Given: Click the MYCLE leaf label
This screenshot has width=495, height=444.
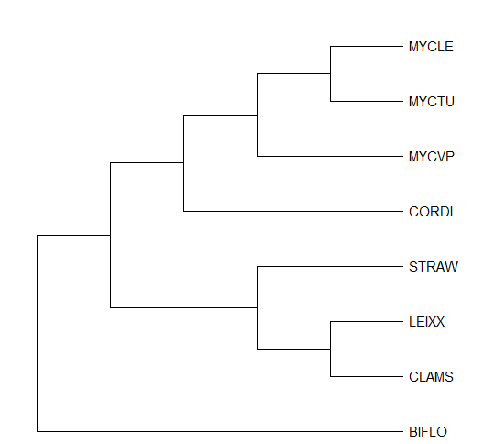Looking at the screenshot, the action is (x=431, y=47).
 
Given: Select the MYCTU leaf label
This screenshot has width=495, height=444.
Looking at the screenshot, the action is (x=432, y=102).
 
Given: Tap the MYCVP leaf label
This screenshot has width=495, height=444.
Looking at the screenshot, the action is (x=432, y=157).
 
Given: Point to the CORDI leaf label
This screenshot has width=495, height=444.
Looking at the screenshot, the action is (x=431, y=212).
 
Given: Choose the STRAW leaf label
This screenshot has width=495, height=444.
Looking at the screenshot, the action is (x=434, y=267).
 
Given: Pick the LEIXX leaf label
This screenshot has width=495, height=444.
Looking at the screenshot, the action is (x=427, y=322).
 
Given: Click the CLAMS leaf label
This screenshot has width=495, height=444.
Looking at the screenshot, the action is (x=431, y=377).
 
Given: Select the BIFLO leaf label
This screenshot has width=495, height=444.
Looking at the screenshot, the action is (x=428, y=432).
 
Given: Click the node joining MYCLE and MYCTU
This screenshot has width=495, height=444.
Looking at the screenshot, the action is (x=331, y=74).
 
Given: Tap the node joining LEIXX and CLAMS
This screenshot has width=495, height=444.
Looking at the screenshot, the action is (x=331, y=350).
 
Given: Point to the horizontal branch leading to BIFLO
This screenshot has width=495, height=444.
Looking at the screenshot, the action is (x=220, y=431).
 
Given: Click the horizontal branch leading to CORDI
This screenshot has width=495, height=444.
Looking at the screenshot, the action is (x=293, y=211).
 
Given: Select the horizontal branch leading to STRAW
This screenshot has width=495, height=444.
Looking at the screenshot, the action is (x=330, y=267).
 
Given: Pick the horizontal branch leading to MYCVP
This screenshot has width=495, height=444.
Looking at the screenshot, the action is (x=330, y=156).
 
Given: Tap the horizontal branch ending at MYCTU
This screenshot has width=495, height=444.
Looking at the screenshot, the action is (x=367, y=102).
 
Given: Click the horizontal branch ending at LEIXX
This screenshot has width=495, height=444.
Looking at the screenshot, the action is (x=367, y=322).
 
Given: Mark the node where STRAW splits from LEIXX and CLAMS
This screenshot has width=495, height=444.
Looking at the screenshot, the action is (x=258, y=308).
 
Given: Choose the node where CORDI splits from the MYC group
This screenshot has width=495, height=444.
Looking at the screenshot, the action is (x=183, y=163).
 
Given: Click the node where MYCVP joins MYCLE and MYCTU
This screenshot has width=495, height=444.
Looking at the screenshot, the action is (x=258, y=115).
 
